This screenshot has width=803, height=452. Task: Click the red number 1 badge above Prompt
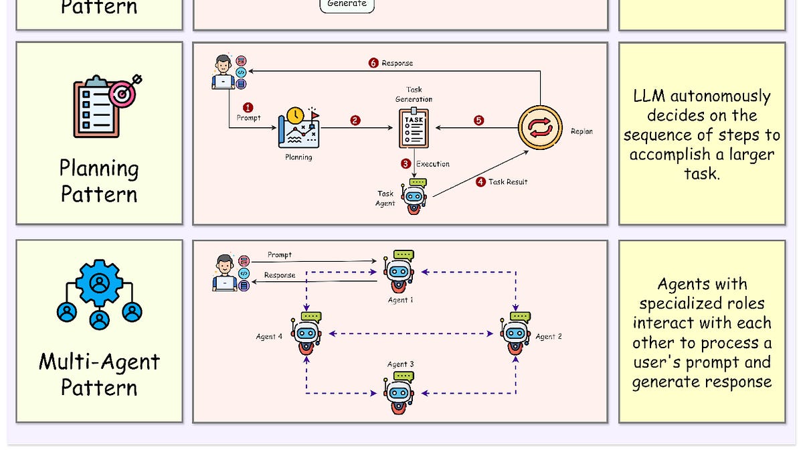(x=248, y=107)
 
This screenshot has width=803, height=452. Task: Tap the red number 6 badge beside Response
(x=373, y=63)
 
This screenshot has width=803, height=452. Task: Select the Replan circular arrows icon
(x=540, y=128)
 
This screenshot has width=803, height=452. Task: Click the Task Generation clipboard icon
(x=414, y=127)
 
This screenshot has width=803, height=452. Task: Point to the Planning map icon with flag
(x=299, y=128)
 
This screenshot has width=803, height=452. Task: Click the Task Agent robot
(x=416, y=196)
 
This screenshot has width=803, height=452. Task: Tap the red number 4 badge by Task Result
(x=480, y=181)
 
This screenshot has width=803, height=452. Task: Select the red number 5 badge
(x=478, y=121)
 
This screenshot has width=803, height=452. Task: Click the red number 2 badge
(x=355, y=121)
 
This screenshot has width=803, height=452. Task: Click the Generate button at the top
(x=347, y=4)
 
